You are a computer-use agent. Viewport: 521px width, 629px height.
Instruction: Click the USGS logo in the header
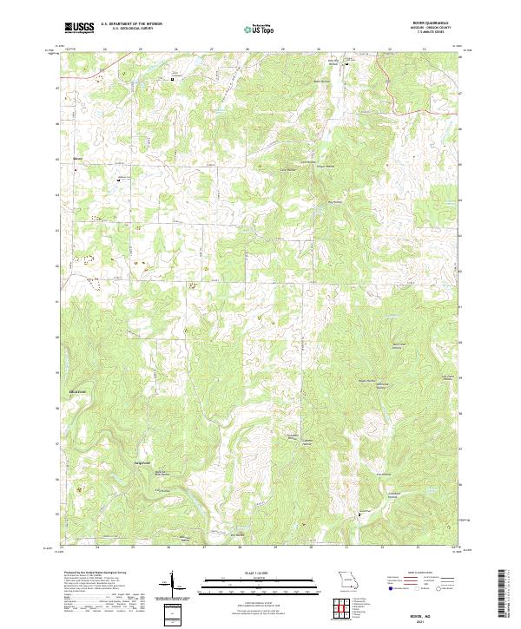79,28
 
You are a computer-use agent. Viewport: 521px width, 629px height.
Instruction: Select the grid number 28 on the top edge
247,49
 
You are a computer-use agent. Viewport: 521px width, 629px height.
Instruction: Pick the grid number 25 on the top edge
141,49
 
